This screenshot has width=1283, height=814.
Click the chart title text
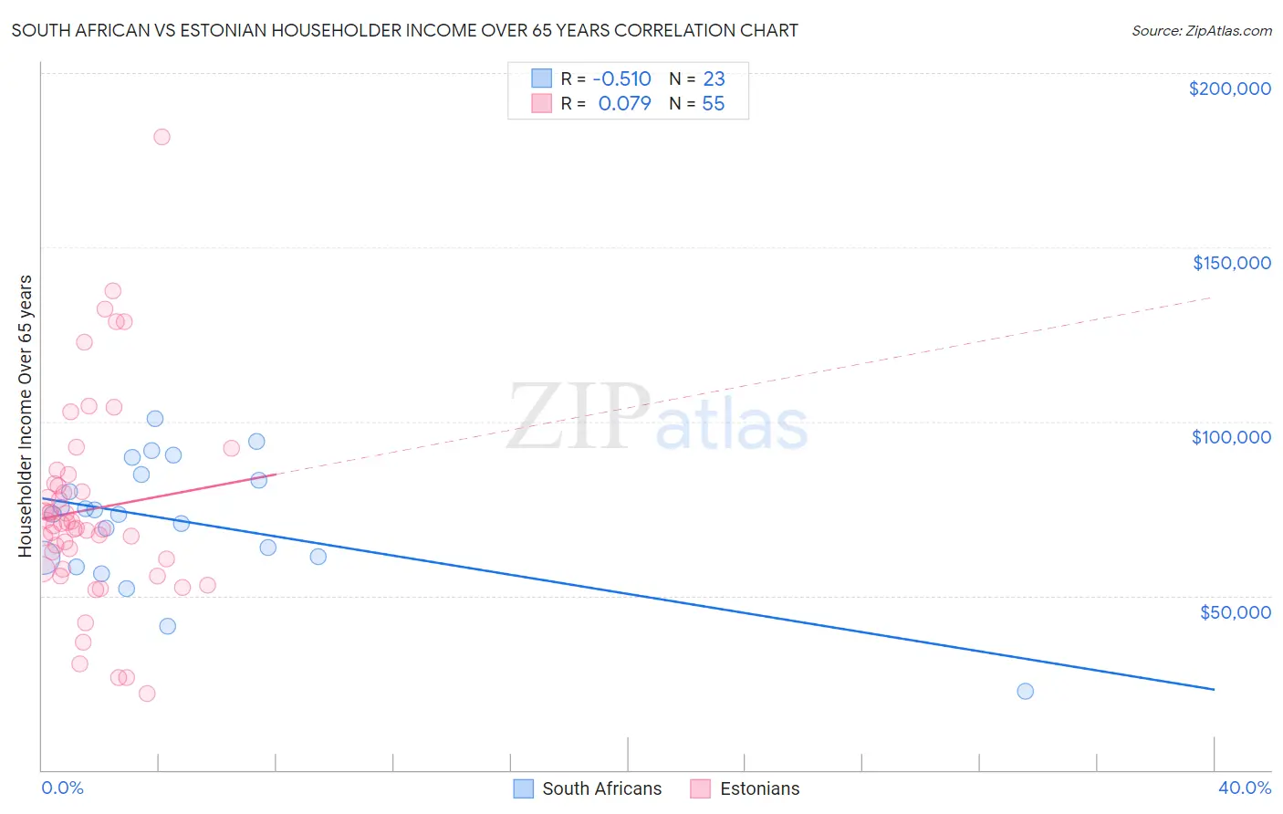404,30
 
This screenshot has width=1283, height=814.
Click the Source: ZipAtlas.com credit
1201,30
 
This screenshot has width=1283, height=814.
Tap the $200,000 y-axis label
1229,89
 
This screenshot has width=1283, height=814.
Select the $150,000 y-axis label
1231,263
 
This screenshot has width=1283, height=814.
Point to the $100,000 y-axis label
1231,437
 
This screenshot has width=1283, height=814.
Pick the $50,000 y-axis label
1235,611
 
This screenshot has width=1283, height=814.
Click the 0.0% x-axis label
62,788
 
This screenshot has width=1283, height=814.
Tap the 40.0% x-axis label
1244,788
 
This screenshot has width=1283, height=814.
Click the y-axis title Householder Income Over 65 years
25,415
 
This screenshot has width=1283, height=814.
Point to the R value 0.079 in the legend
625,104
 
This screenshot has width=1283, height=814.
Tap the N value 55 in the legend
713,104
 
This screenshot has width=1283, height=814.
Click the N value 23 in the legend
714,79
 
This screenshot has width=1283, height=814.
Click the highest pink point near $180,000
162,137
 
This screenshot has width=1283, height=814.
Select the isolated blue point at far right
1025,691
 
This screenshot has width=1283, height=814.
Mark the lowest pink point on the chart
147,694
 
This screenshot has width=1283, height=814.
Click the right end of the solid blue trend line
1214,689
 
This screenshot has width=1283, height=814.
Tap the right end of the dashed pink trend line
1212,297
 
